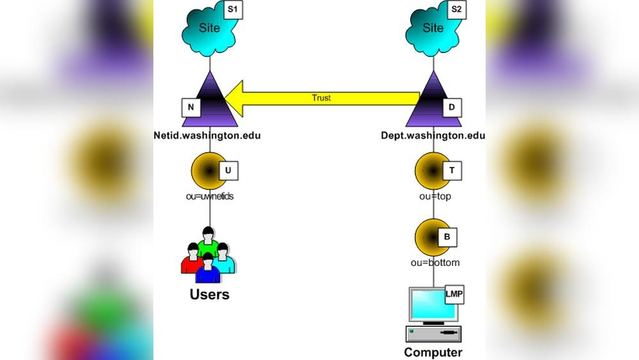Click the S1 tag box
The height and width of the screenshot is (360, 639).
point(233,10)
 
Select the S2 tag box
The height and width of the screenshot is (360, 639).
point(456,10)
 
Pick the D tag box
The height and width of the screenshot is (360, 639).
point(452,107)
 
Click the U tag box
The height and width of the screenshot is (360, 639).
point(228,171)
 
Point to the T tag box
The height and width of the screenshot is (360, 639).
point(452,171)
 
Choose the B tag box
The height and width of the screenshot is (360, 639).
point(447,237)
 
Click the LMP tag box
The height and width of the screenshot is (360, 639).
point(454,295)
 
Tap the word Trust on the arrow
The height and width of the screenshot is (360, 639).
point(321,98)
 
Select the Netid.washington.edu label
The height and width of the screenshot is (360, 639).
point(207,136)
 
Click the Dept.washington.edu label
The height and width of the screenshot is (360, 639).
point(433,136)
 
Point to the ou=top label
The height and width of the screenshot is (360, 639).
point(435,196)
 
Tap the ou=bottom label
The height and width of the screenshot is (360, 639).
point(435,263)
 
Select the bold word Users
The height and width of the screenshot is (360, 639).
point(210,295)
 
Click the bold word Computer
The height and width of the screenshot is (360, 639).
point(433,352)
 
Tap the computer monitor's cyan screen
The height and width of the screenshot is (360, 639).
point(431,305)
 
